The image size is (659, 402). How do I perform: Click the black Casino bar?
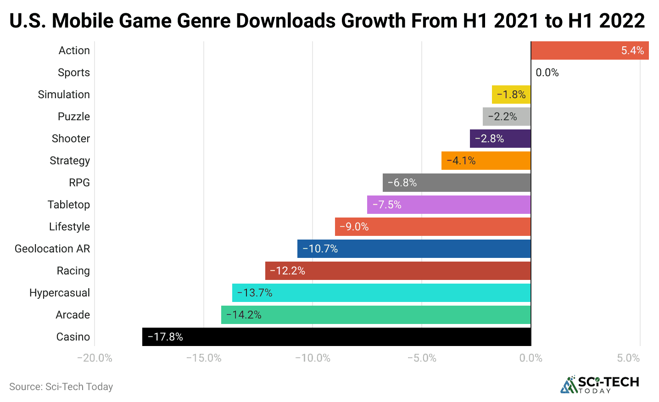click(x=336, y=337)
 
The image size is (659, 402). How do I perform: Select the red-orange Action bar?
click(x=590, y=50)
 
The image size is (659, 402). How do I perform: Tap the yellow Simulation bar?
click(x=511, y=95)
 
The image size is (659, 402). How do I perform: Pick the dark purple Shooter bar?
click(x=500, y=139)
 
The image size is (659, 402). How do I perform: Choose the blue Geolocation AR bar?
click(x=414, y=249)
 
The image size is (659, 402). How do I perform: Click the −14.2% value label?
click(x=244, y=315)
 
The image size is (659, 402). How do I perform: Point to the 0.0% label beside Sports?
click(x=547, y=73)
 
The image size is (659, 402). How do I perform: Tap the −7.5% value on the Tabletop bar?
click(x=387, y=205)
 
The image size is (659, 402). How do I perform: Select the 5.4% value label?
click(x=632, y=50)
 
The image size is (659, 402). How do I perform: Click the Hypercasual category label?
click(x=60, y=293)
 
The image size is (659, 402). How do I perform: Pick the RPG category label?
click(x=79, y=183)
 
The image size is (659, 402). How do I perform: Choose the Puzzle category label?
click(x=74, y=117)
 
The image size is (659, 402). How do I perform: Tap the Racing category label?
click(x=73, y=271)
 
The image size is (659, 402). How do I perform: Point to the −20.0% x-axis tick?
click(x=95, y=358)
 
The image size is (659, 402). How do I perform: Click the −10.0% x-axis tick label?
click(x=313, y=358)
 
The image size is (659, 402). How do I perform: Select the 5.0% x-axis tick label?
click(x=628, y=358)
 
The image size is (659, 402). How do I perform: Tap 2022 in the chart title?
click(x=622, y=21)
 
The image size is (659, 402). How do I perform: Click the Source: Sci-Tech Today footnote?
click(x=61, y=386)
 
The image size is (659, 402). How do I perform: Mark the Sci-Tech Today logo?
click(x=599, y=385)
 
